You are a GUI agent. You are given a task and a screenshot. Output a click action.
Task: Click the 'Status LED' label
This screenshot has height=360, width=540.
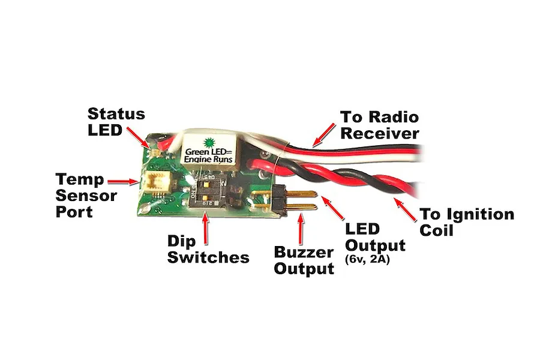pyautogui.click(x=116, y=121)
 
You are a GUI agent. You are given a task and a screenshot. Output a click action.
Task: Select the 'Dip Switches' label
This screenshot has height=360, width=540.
pyautogui.click(x=208, y=249)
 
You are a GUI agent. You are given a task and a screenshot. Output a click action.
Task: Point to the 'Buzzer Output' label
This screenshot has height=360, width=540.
pyautogui.click(x=304, y=260)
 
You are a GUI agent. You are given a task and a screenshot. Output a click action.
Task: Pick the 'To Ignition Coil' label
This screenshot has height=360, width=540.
pyautogui.click(x=466, y=222)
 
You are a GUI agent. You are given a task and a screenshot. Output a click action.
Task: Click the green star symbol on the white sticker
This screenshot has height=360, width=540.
pyautogui.click(x=209, y=143)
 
